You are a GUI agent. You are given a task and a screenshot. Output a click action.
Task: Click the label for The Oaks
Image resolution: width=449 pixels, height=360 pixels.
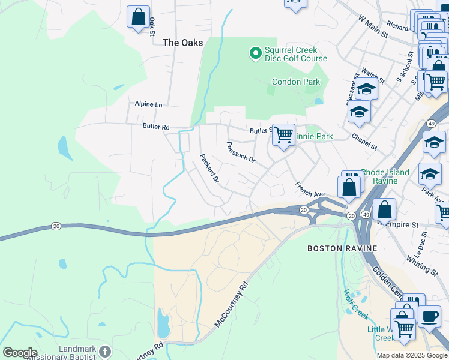[x=183, y=43]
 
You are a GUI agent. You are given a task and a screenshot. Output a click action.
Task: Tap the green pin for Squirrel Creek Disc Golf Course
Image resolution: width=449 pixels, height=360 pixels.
[x=255, y=54]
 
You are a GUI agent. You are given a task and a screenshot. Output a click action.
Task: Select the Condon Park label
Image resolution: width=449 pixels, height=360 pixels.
[x=294, y=82]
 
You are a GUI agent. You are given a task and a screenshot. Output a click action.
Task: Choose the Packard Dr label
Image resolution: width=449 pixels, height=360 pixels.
[x=209, y=168]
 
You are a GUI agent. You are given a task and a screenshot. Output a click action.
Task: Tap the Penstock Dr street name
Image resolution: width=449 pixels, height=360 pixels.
[x=241, y=152]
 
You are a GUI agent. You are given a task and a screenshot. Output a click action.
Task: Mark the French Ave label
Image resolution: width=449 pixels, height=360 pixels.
[x=310, y=190]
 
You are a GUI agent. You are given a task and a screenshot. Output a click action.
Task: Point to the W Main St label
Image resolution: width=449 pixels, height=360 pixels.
[x=373, y=27]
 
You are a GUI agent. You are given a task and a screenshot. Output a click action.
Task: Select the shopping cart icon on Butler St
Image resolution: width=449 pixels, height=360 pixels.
[x=283, y=134]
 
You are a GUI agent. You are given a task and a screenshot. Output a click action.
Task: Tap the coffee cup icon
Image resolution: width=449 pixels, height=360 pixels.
[x=429, y=316]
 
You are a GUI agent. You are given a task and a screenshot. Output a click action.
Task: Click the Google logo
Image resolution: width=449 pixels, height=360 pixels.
[x=19, y=353]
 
